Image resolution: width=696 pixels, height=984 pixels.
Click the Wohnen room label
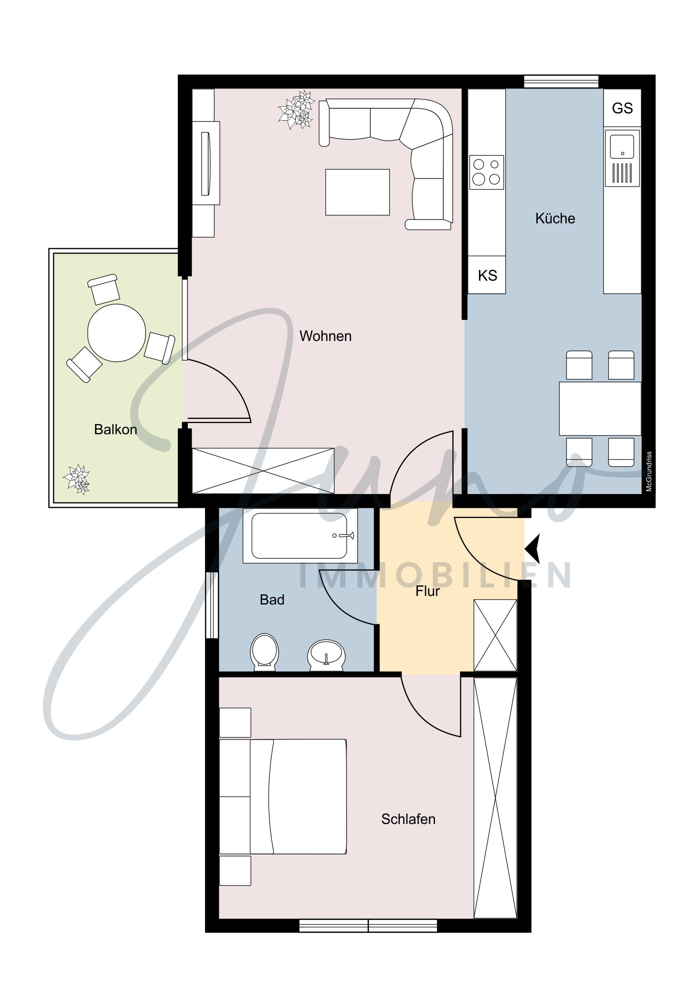click(325, 336)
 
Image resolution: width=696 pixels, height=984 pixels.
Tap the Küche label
click(555, 219)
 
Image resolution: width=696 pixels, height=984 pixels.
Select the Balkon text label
click(115, 430)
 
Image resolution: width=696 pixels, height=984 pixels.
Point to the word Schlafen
click(408, 819)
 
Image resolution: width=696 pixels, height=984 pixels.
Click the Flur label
click(428, 591)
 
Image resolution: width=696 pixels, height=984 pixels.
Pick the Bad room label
click(272, 599)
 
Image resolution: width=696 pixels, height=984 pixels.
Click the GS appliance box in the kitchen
click(622, 108)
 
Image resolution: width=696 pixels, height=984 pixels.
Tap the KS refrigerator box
click(487, 275)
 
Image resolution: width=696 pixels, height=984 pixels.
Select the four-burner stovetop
click(487, 172)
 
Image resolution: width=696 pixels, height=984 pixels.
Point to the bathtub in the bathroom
click(300, 536)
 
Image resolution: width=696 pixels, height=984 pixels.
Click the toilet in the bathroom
click(265, 652)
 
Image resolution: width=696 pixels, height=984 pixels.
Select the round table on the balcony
click(117, 333)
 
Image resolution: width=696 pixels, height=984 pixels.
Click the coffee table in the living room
click(358, 192)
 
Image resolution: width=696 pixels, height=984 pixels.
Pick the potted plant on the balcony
click(77, 479)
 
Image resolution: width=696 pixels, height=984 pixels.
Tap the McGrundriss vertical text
click(649, 471)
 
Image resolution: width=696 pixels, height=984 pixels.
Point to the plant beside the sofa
click(296, 110)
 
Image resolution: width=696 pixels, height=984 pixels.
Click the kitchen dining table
click(600, 409)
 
